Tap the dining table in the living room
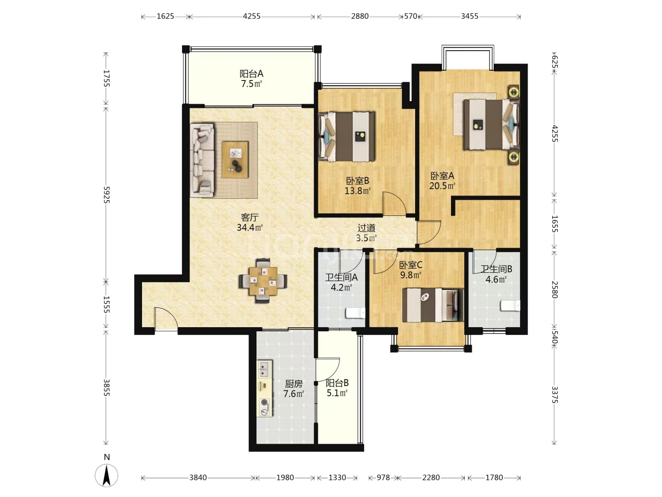(x=263, y=281)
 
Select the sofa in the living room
(x=203, y=160)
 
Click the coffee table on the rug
(x=235, y=159)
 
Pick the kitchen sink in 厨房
(x=264, y=369)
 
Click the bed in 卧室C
(x=433, y=305)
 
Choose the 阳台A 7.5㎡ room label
(x=251, y=79)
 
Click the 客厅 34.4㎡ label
(x=250, y=222)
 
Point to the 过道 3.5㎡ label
(x=366, y=233)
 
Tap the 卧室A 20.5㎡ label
(x=442, y=181)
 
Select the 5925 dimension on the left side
(x=106, y=195)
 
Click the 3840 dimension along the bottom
(x=198, y=478)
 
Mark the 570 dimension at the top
(x=410, y=16)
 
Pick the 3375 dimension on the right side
(x=554, y=394)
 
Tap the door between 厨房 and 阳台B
(x=327, y=371)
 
